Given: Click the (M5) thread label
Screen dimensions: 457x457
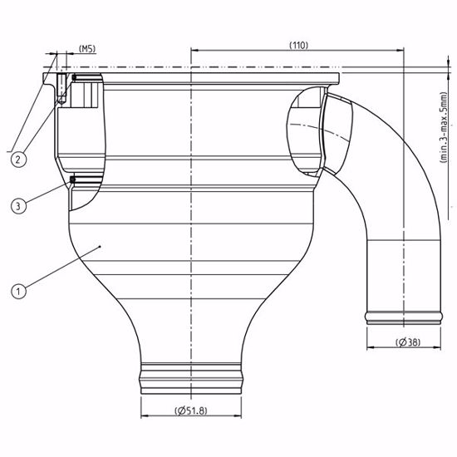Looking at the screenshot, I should pyautogui.click(x=86, y=49).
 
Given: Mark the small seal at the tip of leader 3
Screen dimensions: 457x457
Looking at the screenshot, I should pyautogui.click(x=74, y=179).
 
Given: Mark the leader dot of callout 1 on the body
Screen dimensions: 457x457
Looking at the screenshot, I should pyautogui.click(x=101, y=246).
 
